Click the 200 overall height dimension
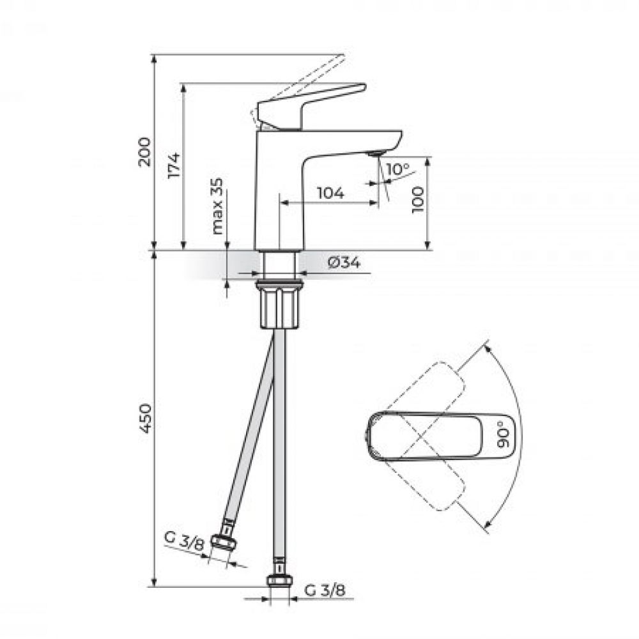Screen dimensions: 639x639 click(x=144, y=152)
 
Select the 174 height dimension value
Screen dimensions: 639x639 click(x=174, y=165)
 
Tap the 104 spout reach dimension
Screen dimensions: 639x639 click(x=330, y=193)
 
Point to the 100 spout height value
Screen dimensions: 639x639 click(x=418, y=200)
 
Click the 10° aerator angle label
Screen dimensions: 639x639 click(x=397, y=169)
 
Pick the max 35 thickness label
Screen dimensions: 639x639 click(x=218, y=206)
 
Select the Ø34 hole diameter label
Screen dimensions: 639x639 click(x=344, y=263)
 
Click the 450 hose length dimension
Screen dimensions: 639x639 click(x=144, y=419)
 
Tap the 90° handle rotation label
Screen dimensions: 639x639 click(x=504, y=435)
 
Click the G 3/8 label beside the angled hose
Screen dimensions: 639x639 click(x=183, y=541)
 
